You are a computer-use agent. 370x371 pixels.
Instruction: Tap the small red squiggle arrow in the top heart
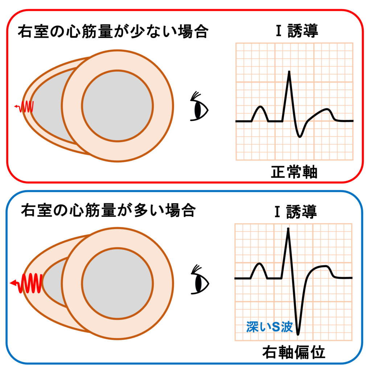[25, 107]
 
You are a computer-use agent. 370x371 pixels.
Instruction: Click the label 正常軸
[294, 172]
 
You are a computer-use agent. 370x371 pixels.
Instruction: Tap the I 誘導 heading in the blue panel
[294, 212]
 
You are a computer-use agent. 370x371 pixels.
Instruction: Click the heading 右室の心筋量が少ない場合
[112, 32]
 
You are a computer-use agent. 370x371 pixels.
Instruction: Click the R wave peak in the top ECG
[289, 72]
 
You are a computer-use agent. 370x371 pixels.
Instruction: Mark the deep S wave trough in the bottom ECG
[298, 333]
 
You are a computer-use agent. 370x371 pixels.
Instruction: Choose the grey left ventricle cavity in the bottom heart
[117, 283]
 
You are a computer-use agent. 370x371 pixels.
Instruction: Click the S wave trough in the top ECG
[300, 136]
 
